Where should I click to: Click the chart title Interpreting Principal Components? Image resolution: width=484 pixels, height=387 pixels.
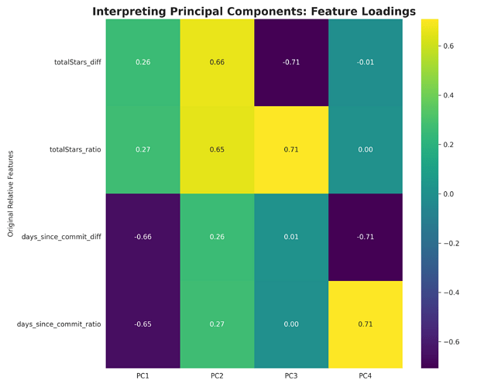click(x=254, y=11)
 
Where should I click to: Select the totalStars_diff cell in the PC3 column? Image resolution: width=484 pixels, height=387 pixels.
click(x=291, y=62)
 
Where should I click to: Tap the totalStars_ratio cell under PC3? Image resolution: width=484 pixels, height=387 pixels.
click(x=291, y=149)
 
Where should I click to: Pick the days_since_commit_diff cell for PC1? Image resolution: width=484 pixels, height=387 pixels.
click(x=142, y=237)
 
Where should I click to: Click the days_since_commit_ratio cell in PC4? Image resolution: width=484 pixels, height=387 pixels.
click(x=366, y=324)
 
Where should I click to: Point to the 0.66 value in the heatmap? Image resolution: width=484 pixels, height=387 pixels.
click(x=217, y=62)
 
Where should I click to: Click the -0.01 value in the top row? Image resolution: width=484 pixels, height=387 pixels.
click(x=366, y=62)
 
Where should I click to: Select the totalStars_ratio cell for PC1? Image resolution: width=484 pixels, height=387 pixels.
click(x=142, y=149)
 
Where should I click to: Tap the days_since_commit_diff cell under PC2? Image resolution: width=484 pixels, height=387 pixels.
click(x=217, y=237)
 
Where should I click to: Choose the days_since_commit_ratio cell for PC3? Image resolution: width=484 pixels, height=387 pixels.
click(x=291, y=324)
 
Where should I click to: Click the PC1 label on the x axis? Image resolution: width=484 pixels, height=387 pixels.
click(x=142, y=376)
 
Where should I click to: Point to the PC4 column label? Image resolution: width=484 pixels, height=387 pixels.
click(x=366, y=376)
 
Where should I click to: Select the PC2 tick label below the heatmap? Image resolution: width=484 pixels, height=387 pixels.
click(x=217, y=376)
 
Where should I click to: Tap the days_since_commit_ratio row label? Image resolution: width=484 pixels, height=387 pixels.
click(x=59, y=324)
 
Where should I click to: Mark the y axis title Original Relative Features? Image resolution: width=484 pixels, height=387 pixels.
click(x=11, y=193)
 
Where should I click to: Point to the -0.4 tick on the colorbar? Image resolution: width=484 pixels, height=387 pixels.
click(x=451, y=293)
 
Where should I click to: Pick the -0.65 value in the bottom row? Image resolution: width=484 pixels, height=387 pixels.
click(x=142, y=324)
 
